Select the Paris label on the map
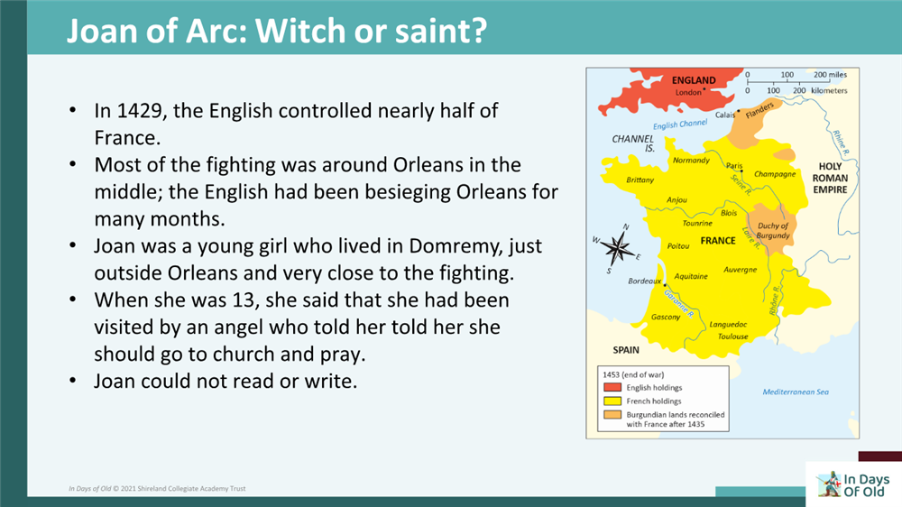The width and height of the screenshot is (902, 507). click(734, 166)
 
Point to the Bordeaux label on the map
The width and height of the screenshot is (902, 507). click(645, 281)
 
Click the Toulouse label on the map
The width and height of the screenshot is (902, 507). click(732, 336)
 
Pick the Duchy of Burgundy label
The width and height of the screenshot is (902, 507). click(773, 231)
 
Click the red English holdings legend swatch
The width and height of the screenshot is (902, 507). click(609, 387)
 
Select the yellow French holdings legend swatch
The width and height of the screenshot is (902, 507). click(609, 401)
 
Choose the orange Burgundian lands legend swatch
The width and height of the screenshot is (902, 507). click(609, 414)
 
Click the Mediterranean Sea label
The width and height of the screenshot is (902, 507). click(796, 392)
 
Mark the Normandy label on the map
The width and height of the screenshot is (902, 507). click(692, 161)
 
